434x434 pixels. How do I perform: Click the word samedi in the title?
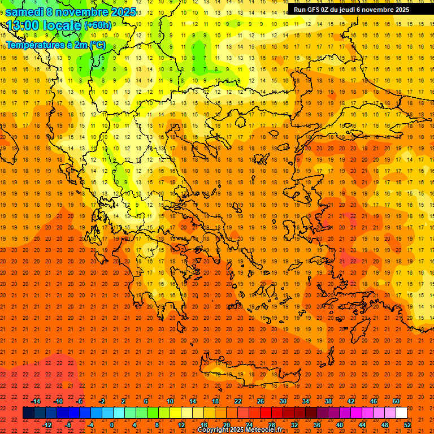(x=24, y=12)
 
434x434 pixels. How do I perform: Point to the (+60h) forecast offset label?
(x=98, y=25)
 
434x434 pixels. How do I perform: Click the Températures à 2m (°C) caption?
(x=55, y=44)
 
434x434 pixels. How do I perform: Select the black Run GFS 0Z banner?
(x=351, y=10)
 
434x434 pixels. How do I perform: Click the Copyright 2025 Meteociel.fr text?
(x=240, y=430)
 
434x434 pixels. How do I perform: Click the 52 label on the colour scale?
(x=408, y=425)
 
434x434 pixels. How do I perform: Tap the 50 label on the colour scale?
(x=396, y=401)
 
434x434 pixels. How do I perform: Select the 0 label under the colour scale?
(x=112, y=425)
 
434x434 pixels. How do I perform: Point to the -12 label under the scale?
(x=47, y=425)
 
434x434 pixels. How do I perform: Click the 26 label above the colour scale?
(x=261, y=401)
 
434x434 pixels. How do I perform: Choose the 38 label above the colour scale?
(x=328, y=401)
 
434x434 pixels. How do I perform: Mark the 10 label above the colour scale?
(x=170, y=401)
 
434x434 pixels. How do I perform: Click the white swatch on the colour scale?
(x=402, y=413)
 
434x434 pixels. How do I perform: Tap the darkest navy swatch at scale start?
(x=28, y=413)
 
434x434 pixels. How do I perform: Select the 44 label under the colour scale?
(x=362, y=425)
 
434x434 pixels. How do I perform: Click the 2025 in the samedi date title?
(x=122, y=12)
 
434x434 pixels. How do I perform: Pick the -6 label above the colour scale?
(x=80, y=401)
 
